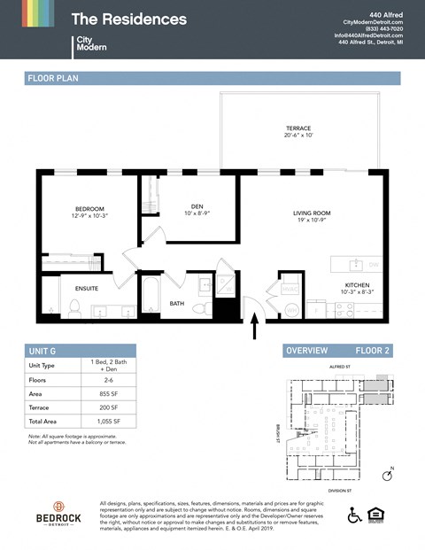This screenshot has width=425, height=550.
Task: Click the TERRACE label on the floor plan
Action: click(297, 128)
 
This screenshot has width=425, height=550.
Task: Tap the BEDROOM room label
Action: click(89, 209)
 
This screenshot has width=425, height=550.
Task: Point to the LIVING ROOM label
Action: click(312, 213)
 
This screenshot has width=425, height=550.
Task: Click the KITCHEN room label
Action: click(359, 285)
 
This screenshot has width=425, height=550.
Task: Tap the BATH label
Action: click(177, 304)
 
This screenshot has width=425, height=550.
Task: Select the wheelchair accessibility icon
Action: click(354, 515)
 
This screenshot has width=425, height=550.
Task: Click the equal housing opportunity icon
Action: click(380, 515)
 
